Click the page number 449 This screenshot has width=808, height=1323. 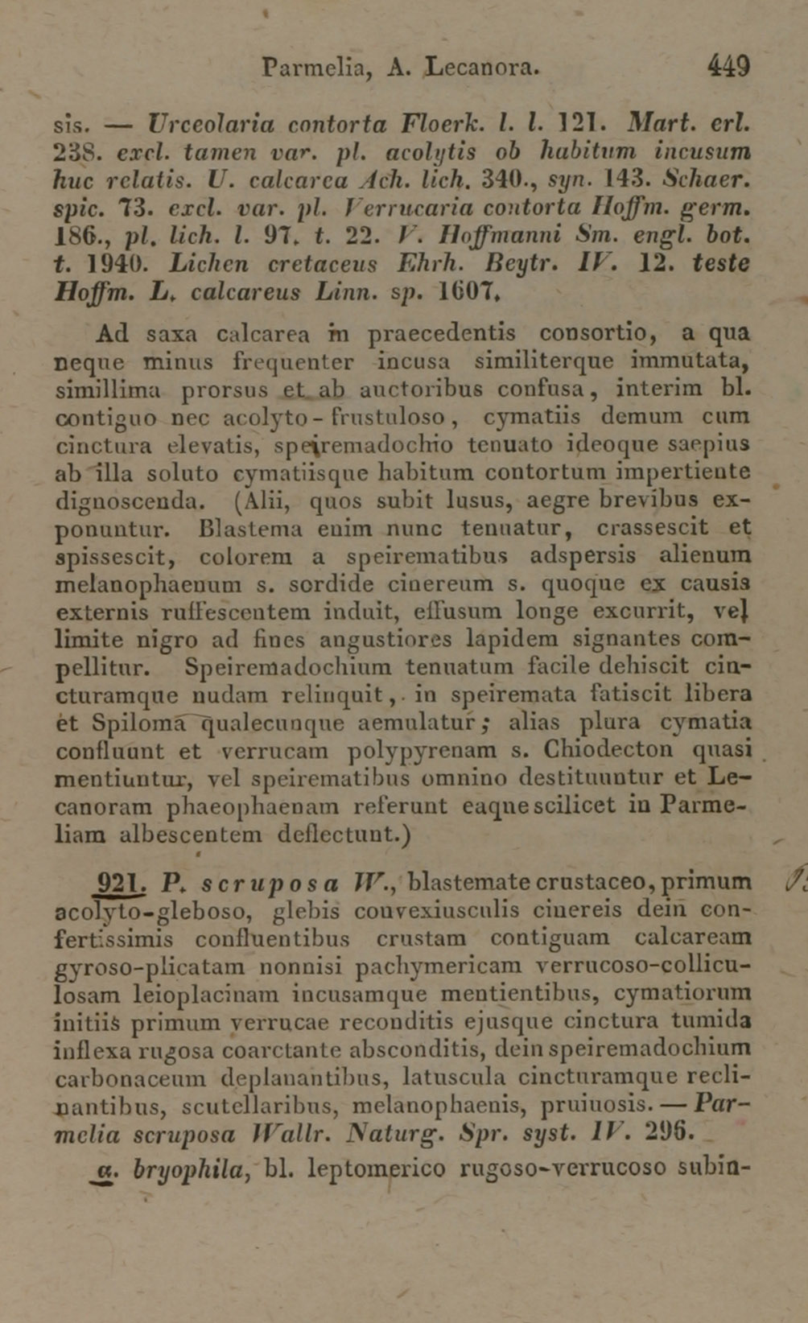point(729,65)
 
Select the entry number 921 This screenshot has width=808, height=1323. point(119,883)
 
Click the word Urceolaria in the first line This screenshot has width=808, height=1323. point(211,125)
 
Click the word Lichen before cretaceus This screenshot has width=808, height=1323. point(214,263)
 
